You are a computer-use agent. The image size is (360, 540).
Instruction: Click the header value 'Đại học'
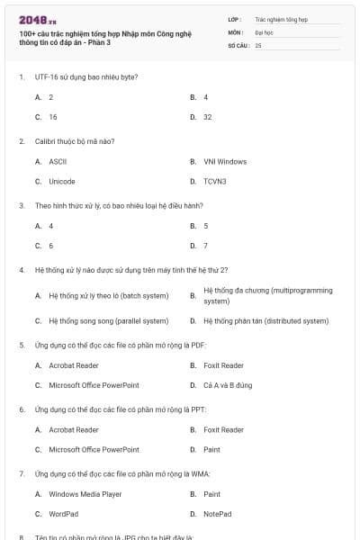[264, 31]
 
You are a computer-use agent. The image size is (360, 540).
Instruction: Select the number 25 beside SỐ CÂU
[258, 44]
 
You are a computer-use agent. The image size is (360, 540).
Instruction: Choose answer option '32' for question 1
[208, 117]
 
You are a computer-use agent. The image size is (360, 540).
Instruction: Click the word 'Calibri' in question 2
[45, 141]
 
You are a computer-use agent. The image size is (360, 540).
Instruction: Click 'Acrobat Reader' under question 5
[74, 365]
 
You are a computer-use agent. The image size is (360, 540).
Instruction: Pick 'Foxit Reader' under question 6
[224, 429]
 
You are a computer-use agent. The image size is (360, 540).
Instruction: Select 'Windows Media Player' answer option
[85, 494]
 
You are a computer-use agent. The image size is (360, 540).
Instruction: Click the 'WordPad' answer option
[63, 514]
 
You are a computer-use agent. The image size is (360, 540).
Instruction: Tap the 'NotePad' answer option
[218, 514]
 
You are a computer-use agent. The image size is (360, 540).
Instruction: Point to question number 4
[21, 269]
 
